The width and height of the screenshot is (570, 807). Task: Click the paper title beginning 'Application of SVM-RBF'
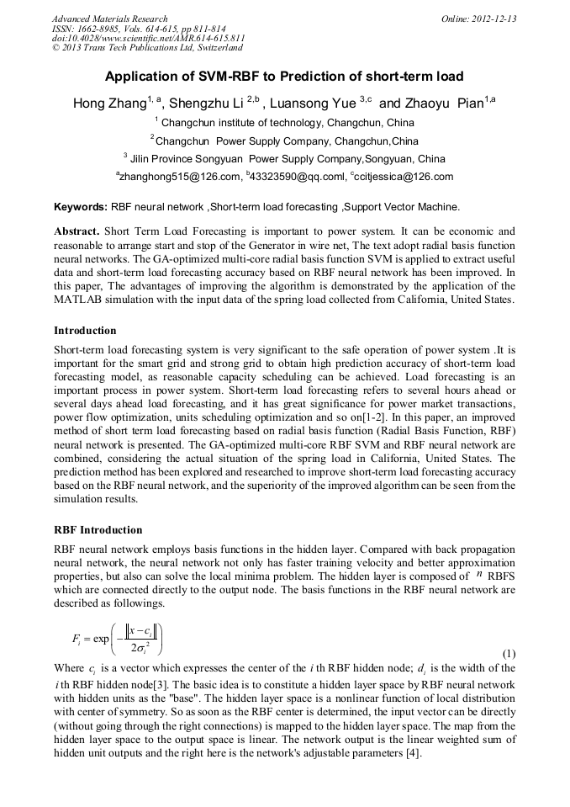284,77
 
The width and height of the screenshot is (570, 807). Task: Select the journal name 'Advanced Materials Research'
109,19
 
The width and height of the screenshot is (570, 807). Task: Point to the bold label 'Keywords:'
81,206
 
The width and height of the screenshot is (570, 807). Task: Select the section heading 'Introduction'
85,331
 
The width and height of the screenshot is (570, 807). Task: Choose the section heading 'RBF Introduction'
98,530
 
